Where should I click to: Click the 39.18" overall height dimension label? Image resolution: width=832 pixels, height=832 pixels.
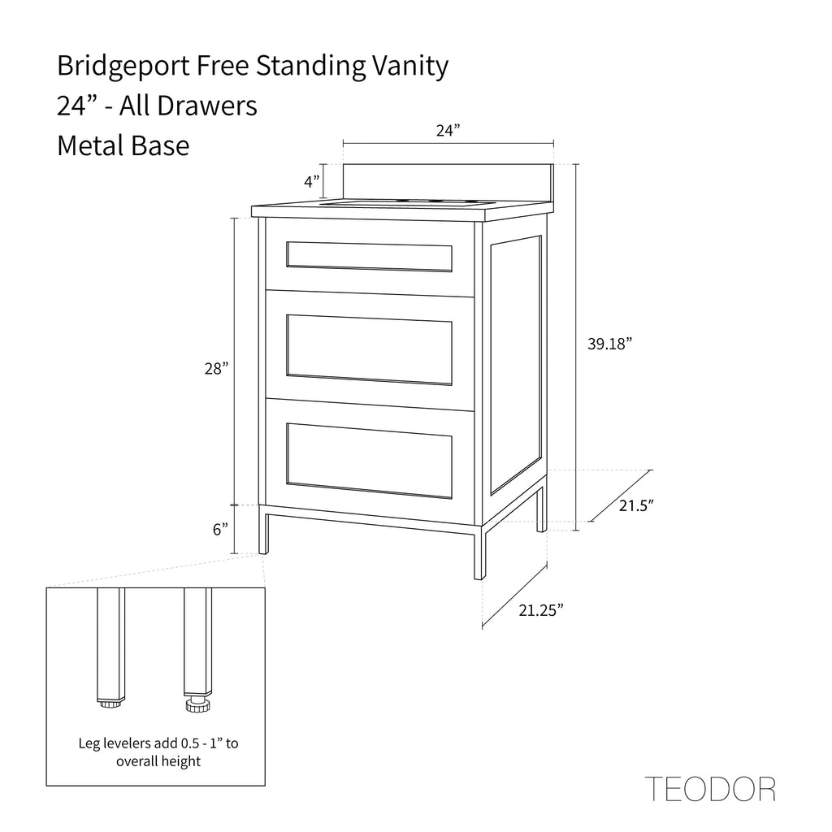609,344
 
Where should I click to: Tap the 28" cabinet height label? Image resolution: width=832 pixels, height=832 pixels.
216,368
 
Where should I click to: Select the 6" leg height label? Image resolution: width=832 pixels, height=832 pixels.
220,529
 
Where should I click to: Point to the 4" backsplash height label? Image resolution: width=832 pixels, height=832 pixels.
312,181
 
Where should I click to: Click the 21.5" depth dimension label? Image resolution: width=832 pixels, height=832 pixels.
636,505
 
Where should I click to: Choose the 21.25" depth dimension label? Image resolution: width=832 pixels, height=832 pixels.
540,610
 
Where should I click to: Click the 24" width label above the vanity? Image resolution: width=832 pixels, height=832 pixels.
448,131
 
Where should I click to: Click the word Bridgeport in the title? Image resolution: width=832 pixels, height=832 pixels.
123,67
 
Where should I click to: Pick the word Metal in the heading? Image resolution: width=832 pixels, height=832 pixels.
90,145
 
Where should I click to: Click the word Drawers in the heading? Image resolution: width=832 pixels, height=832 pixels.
207,106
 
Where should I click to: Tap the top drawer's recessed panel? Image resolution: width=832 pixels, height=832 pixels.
369,257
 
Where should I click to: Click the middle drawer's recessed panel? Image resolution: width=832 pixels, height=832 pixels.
369,349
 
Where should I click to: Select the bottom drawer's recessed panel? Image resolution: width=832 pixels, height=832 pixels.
369,461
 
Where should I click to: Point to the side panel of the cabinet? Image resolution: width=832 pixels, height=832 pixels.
516,365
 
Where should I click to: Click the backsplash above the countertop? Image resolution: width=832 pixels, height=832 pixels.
448,183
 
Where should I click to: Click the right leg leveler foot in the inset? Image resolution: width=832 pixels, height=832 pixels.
198,706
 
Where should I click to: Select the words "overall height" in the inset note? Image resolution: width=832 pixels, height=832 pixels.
158,761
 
